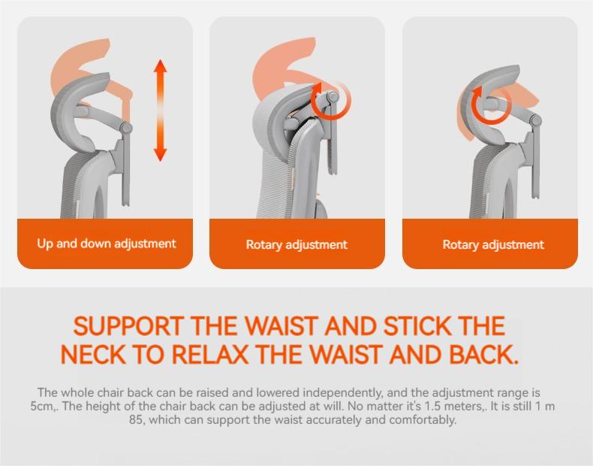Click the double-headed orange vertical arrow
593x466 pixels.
click(161, 110)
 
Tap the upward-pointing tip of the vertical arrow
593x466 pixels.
click(161, 60)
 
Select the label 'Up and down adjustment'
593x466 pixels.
click(107, 244)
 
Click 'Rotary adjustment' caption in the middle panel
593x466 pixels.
click(296, 244)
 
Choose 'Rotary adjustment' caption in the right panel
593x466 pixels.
click(493, 244)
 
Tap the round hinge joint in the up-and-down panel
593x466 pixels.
click(126, 128)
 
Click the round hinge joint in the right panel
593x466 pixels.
click(535, 121)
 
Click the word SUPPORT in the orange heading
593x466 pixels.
click(128, 326)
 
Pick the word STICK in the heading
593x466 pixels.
click(417, 326)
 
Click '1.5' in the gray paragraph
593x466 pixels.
click(433, 406)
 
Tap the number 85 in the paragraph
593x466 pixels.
click(136, 420)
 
